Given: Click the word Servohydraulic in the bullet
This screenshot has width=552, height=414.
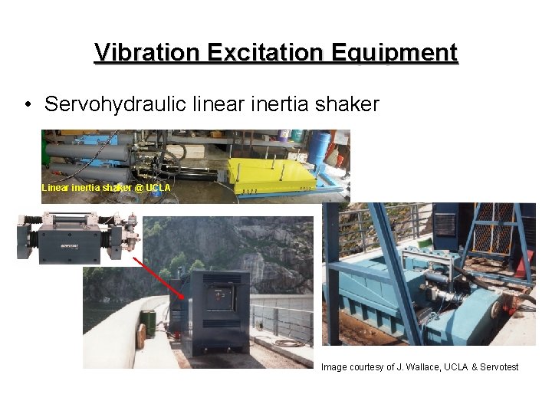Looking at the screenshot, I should click(x=115, y=104).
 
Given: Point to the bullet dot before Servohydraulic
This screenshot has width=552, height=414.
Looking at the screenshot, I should click(x=28, y=105).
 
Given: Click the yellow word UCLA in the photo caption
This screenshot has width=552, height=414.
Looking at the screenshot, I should click(x=158, y=188).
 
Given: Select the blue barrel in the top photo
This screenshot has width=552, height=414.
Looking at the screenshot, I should click(x=320, y=146).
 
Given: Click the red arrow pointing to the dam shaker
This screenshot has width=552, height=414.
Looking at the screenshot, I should click(x=161, y=278).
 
